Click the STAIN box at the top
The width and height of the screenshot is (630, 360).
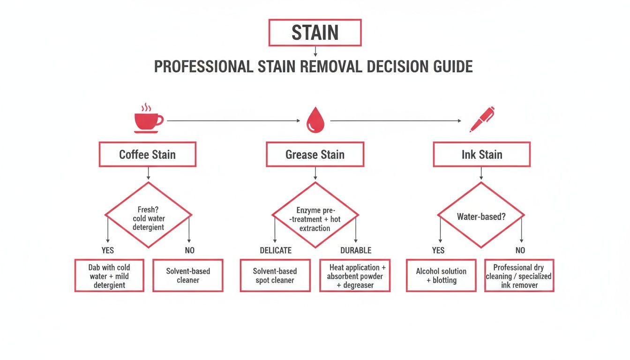[315, 32]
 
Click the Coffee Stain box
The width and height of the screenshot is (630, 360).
[147, 155]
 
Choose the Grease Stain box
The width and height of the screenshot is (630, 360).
[315, 155]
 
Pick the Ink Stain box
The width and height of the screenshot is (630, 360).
[481, 155]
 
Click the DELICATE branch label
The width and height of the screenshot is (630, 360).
[276, 250]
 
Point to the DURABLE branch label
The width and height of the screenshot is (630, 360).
[356, 250]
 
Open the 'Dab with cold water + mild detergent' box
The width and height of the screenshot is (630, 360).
[109, 276]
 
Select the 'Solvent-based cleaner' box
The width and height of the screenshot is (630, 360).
[188, 276]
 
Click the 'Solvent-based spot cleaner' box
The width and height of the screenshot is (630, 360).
[275, 276]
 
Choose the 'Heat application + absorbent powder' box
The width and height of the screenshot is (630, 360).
[355, 276]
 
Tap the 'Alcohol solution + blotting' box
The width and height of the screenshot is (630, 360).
[441, 276]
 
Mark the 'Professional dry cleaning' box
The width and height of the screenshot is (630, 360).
[519, 276]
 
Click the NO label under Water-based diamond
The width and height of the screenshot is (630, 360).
[520, 250]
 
